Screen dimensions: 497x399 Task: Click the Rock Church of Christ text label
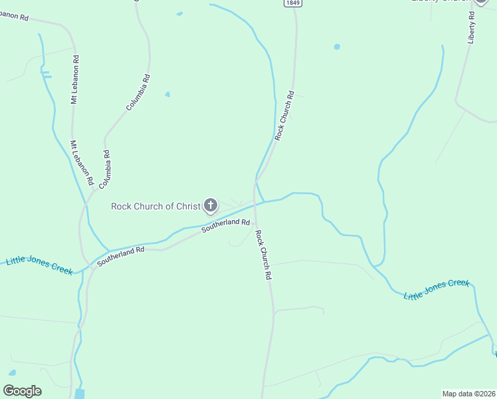tap(155, 206)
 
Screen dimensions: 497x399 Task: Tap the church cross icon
tap(211, 205)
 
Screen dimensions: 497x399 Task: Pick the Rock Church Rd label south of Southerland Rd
tap(264, 255)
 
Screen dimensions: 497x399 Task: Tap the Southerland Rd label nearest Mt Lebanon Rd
tap(121, 257)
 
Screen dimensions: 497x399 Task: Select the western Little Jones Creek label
tap(39, 265)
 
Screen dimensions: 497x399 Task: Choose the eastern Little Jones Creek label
tap(437, 289)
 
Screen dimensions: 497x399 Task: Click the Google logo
tap(22, 390)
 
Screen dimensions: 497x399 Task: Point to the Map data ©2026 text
tap(468, 393)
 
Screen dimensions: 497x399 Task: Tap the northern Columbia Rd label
tap(138, 92)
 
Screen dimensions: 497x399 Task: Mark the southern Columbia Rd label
tap(105, 167)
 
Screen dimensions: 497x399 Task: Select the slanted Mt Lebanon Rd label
tap(82, 158)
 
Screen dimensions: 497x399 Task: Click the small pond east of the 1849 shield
tap(337, 47)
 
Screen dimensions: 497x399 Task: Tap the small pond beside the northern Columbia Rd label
tap(167, 94)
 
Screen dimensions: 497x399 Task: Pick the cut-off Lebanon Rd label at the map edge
tap(14, 17)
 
